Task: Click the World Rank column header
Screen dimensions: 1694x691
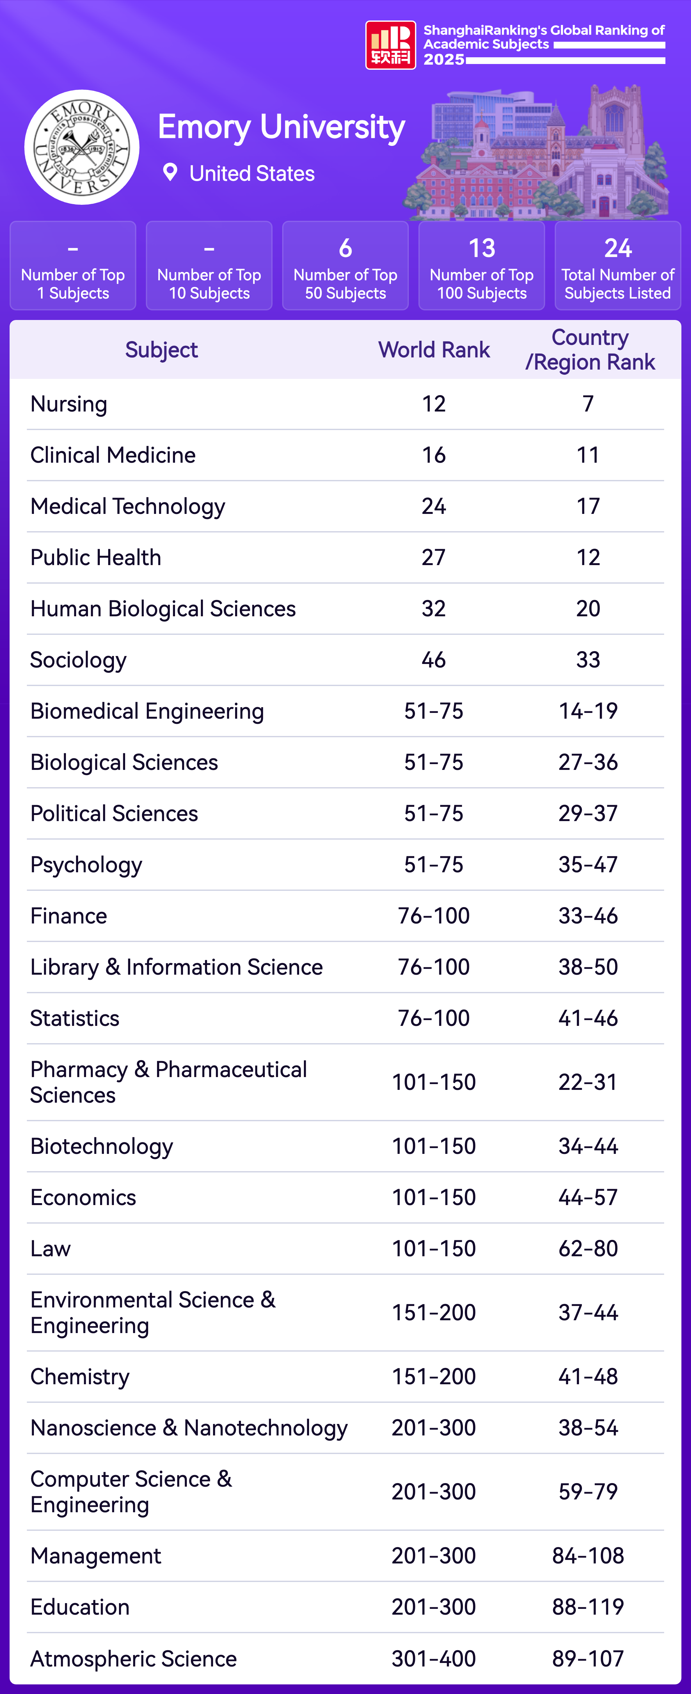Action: click(x=434, y=350)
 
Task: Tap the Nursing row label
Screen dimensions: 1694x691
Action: click(x=69, y=404)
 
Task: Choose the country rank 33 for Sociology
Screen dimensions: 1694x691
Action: click(x=588, y=659)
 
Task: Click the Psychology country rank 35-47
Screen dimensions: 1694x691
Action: click(x=588, y=864)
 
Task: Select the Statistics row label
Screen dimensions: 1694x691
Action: click(x=75, y=1018)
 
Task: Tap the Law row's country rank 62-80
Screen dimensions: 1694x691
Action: click(x=588, y=1248)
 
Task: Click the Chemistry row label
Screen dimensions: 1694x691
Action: click(x=80, y=1376)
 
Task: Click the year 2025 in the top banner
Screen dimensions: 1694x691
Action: click(x=444, y=59)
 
